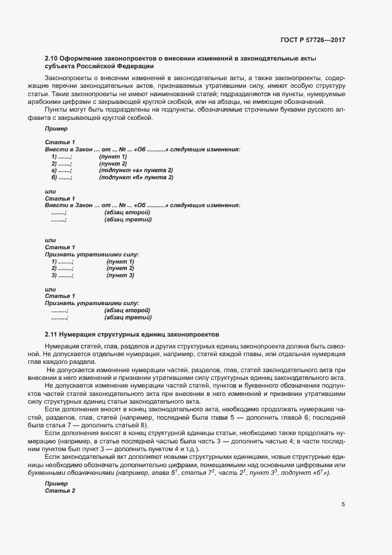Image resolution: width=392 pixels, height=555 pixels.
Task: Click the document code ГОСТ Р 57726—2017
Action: coord(312,40)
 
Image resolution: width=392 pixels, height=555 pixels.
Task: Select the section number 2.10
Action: coord(51,58)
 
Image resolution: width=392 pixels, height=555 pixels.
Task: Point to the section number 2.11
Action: coord(51,334)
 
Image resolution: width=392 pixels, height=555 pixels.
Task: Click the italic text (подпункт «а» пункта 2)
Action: coord(136,170)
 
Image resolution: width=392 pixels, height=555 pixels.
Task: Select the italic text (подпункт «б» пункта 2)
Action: coord(136,177)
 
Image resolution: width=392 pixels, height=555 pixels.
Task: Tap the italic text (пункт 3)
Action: coord(120,275)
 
